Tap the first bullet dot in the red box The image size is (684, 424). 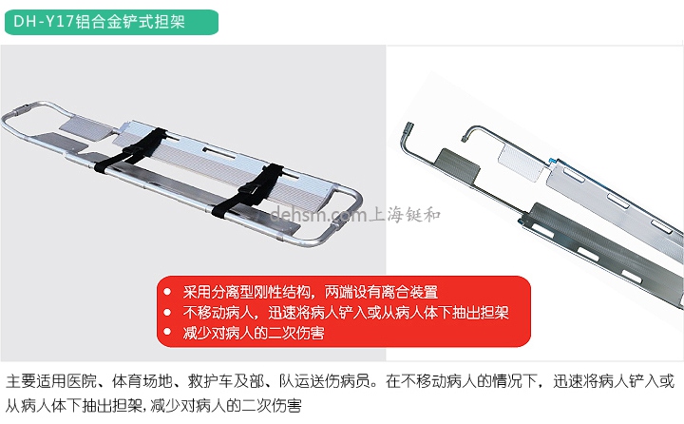tap(167, 291)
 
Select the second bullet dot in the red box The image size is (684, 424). tap(167, 312)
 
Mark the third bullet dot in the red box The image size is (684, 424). tap(167, 333)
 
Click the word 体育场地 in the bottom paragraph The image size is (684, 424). tap(123, 381)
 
